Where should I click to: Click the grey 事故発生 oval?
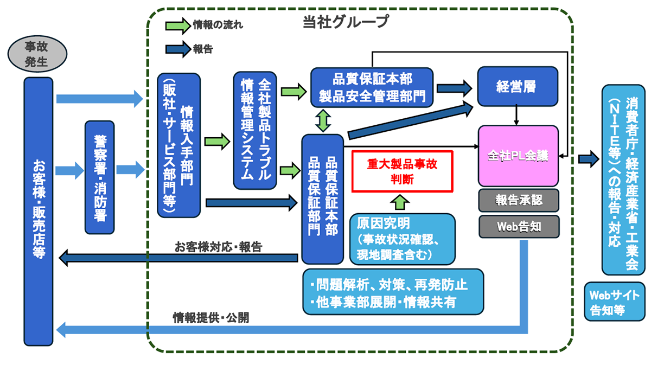pos(36,55)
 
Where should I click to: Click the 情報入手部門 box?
pos(178,145)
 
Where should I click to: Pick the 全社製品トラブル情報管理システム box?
pos(255,130)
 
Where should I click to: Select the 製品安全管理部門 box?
pos(372,87)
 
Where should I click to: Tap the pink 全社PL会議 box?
pos(518,156)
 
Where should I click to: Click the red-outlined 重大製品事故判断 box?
pos(402,171)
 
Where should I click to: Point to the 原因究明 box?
pos(402,238)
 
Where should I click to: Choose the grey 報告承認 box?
pos(518,200)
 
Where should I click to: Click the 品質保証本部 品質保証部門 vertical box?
pos(323,198)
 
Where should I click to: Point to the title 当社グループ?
pos(346,21)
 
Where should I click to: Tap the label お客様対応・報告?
pos(218,247)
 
